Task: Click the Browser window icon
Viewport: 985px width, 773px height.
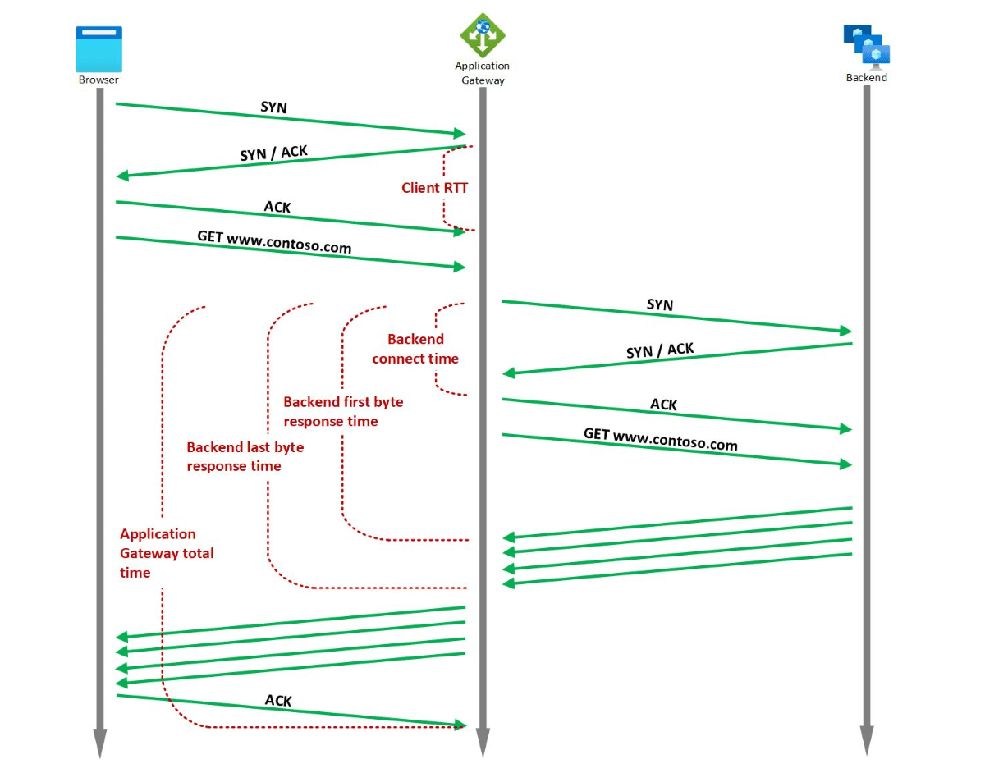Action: click(x=98, y=48)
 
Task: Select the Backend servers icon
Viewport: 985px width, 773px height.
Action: click(x=867, y=44)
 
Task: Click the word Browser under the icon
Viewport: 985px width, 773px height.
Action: click(x=98, y=80)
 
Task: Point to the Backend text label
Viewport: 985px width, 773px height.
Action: click(x=867, y=78)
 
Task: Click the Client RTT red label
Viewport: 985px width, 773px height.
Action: click(x=434, y=188)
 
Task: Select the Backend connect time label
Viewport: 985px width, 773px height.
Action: click(x=415, y=349)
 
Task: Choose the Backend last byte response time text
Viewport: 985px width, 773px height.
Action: click(x=245, y=456)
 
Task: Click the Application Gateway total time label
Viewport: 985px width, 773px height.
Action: click(x=167, y=553)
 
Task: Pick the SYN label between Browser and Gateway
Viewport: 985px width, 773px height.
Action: click(x=273, y=107)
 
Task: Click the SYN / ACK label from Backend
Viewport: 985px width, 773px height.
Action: click(x=659, y=350)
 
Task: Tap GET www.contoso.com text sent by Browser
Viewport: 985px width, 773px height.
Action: click(x=274, y=242)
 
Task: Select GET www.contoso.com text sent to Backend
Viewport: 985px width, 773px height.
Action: click(x=660, y=439)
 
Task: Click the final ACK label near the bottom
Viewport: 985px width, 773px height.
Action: click(x=278, y=701)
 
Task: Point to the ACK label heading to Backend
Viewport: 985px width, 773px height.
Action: click(x=663, y=405)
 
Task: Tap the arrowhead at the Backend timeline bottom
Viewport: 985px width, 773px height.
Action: click(x=867, y=743)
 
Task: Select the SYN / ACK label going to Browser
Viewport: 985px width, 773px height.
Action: click(x=273, y=153)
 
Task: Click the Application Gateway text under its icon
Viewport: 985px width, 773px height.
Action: click(x=482, y=73)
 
